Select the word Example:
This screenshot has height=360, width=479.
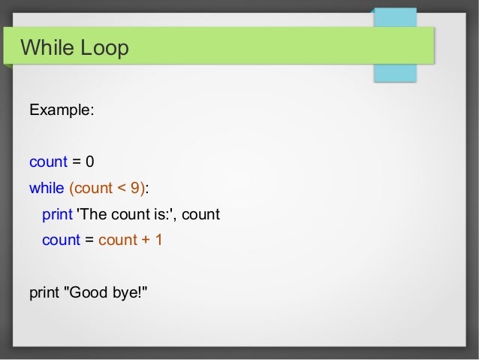[62, 110]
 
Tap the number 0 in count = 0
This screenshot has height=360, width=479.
[89, 162]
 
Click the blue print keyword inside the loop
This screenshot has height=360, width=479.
[57, 214]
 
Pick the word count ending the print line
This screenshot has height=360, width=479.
[200, 214]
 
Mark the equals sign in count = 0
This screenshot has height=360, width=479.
[75, 162]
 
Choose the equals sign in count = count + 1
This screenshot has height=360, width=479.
[89, 241]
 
